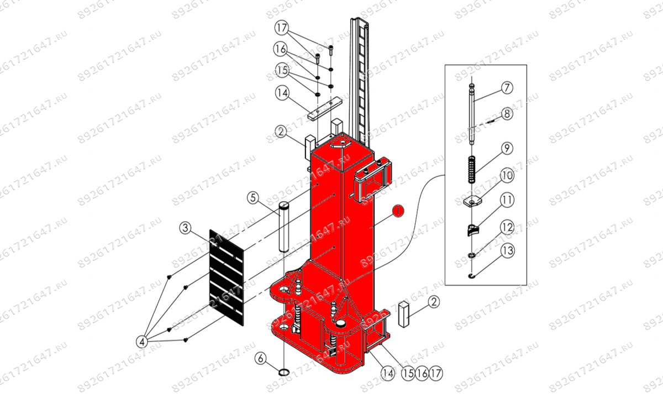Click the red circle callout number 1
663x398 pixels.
(397, 211)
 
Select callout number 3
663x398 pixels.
(186, 227)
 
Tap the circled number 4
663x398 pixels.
(141, 341)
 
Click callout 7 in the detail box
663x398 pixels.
(507, 87)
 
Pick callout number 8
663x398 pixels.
(507, 114)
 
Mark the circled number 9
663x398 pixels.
(507, 148)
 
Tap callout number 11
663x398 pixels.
(507, 200)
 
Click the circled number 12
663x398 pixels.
(507, 226)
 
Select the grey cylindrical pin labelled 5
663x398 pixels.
(284, 227)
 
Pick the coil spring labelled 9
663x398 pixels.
(471, 170)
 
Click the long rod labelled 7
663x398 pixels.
(472, 116)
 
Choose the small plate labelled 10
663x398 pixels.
(471, 201)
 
